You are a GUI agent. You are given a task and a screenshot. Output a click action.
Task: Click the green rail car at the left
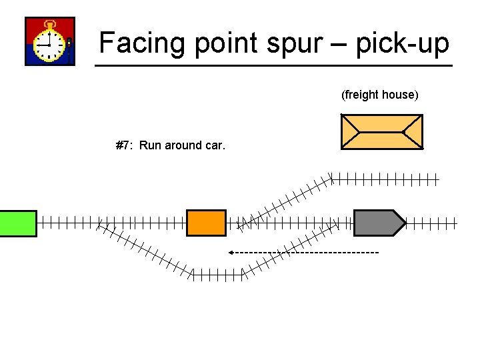click(18, 223)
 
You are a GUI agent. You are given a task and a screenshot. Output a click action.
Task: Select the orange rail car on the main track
click(206, 223)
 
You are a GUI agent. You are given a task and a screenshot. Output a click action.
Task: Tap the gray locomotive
click(377, 223)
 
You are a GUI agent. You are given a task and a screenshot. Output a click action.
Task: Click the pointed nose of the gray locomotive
click(401, 223)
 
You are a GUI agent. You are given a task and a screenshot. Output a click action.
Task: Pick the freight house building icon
click(381, 131)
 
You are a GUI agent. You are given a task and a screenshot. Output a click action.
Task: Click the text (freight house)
click(380, 95)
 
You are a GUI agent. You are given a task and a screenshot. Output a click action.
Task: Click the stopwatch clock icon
click(49, 41)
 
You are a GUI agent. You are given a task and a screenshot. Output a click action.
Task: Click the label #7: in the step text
click(125, 145)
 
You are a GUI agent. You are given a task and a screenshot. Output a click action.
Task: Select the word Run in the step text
click(150, 145)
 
